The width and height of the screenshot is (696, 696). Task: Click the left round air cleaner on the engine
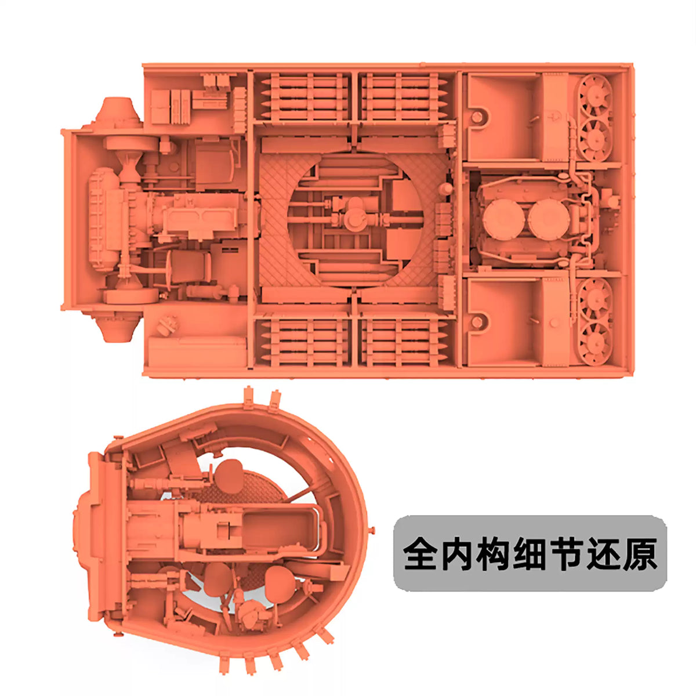tap(503, 220)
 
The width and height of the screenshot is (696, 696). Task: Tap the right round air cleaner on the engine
tap(548, 220)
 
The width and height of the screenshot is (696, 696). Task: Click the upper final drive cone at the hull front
tap(117, 111)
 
